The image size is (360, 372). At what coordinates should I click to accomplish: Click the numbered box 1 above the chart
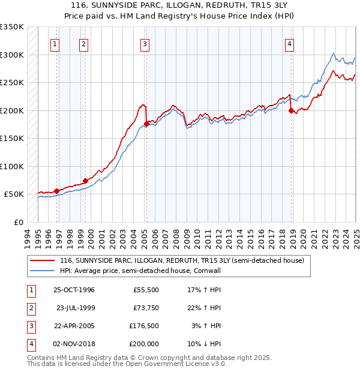pos(55,43)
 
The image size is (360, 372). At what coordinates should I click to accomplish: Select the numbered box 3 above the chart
pos(145,43)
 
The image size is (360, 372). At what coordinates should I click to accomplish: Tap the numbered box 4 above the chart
pos(289,43)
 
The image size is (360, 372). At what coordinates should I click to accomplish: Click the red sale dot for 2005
pos(146,124)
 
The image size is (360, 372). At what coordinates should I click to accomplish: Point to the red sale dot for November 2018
pos(291,111)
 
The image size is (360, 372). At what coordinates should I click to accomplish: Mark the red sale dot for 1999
pos(85,181)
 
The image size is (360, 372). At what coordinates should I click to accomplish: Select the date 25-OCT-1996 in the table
pos(74,290)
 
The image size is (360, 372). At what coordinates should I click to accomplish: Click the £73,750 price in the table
pos(146,308)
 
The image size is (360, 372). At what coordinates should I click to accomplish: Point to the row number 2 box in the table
pos(29,308)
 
